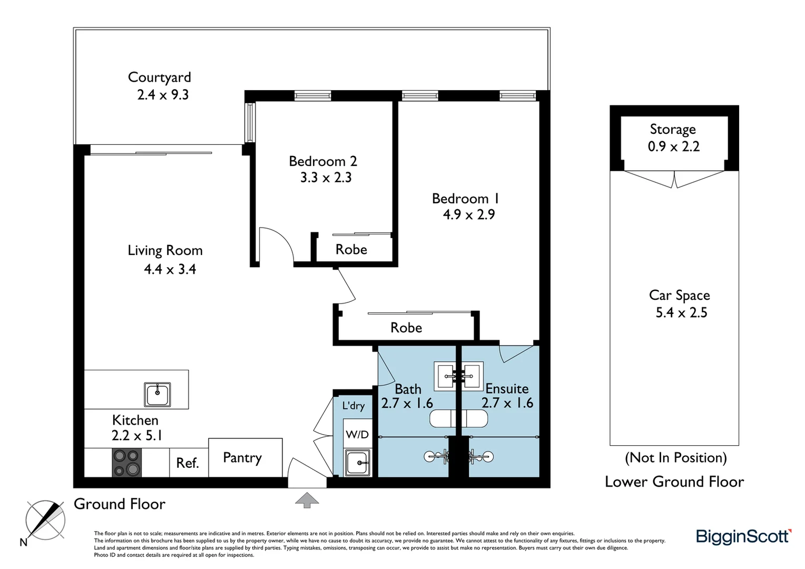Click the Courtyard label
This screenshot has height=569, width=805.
pyautogui.click(x=159, y=77)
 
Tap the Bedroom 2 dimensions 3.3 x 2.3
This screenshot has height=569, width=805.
pyautogui.click(x=326, y=178)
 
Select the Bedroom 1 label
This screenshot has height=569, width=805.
pyautogui.click(x=465, y=199)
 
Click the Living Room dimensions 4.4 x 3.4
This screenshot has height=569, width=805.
pyautogui.click(x=170, y=269)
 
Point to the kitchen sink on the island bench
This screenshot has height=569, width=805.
pyautogui.click(x=158, y=394)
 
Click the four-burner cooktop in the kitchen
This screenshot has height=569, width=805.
pyautogui.click(x=127, y=463)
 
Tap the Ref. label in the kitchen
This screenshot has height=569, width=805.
pyautogui.click(x=187, y=463)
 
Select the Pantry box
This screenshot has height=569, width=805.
pyautogui.click(x=245, y=457)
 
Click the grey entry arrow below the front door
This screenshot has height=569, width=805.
pyautogui.click(x=307, y=500)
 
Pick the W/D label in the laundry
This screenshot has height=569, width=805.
pyautogui.click(x=357, y=435)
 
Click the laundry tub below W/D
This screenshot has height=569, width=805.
pyautogui.click(x=358, y=463)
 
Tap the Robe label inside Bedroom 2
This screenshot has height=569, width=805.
pyautogui.click(x=351, y=250)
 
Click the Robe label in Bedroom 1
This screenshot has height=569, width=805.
pyautogui.click(x=406, y=328)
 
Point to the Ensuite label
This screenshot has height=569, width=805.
pyautogui.click(x=507, y=389)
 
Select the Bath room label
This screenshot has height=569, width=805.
pyautogui.click(x=408, y=389)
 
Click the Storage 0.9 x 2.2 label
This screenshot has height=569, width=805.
pyautogui.click(x=673, y=138)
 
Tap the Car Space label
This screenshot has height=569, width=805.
pyautogui.click(x=680, y=296)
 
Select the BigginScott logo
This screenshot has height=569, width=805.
pyautogui.click(x=743, y=537)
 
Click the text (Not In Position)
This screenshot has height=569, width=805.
pyautogui.click(x=675, y=458)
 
